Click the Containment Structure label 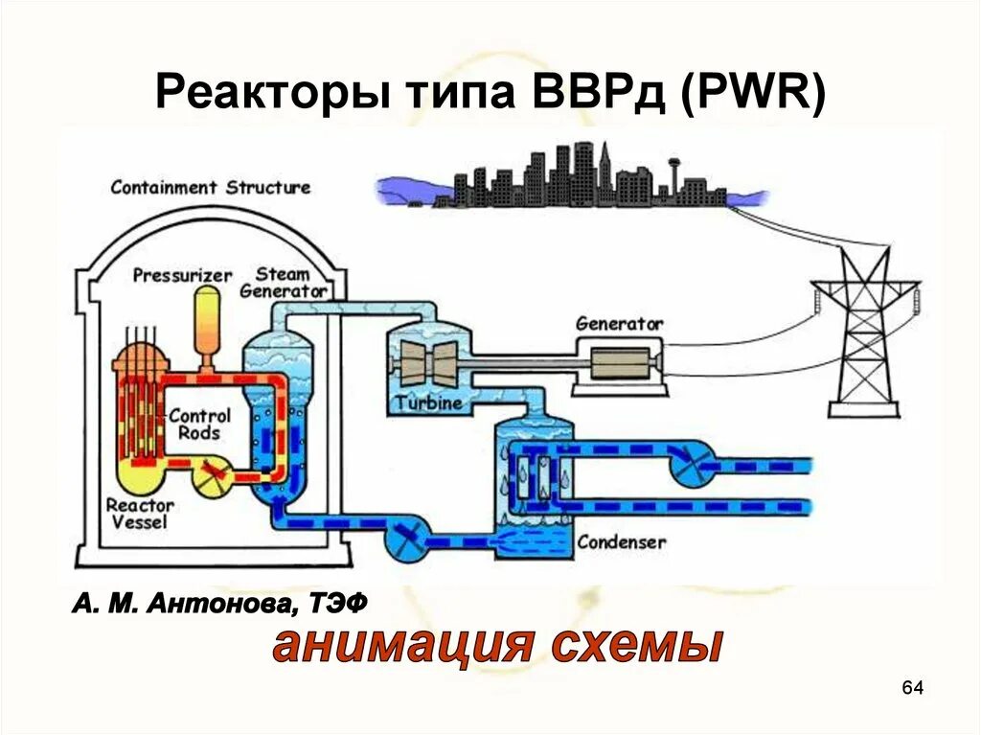tap(210, 187)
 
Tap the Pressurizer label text tap(182, 276)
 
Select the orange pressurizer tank tap(206, 321)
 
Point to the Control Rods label tap(199, 424)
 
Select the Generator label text tap(619, 324)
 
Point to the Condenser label tap(621, 542)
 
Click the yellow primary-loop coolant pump tap(216, 473)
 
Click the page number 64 tap(912, 688)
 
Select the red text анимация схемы tap(496, 646)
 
